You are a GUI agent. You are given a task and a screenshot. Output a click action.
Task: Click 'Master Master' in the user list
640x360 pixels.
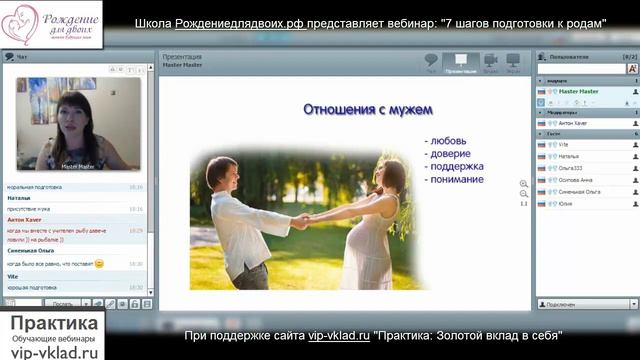point(578,91)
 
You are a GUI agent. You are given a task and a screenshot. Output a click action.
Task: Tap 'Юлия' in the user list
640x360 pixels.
point(566,203)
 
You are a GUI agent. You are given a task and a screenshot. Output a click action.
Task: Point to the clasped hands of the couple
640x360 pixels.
point(300,221)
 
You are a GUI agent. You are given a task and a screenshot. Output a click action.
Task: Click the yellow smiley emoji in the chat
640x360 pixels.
point(100,263)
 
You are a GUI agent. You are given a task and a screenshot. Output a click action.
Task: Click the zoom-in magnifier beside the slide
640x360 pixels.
point(524,184)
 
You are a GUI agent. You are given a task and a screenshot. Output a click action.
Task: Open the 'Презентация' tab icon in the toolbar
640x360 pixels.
point(460,63)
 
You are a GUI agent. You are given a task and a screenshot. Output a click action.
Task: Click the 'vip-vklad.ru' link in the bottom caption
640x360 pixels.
point(338,336)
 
